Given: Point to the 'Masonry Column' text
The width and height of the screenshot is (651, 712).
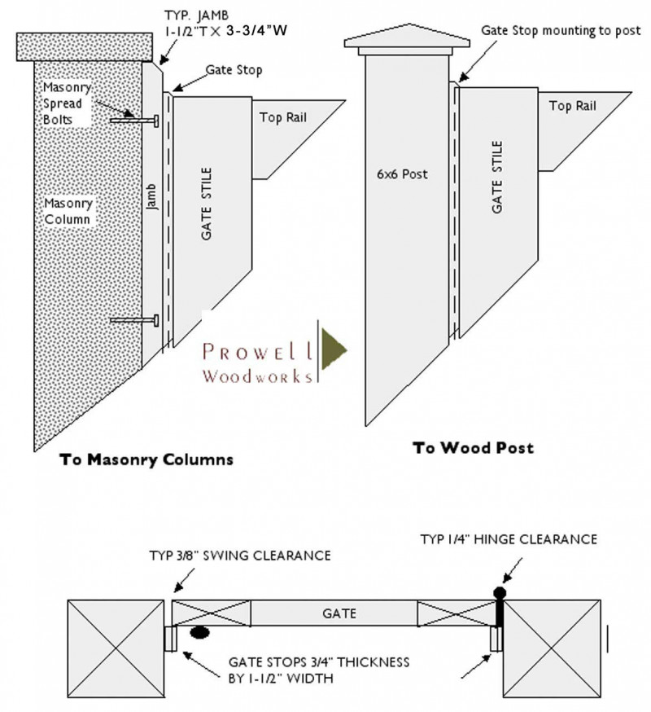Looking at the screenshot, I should (x=68, y=211).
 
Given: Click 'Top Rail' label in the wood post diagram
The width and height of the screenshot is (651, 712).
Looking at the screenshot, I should (x=572, y=106).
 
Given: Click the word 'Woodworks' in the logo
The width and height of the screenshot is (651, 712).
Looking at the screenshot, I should (x=258, y=376).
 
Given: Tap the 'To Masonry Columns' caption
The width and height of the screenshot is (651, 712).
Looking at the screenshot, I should (x=147, y=459).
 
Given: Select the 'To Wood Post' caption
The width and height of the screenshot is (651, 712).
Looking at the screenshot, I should (x=473, y=448).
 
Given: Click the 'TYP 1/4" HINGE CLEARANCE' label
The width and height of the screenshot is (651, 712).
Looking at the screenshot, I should (x=509, y=539).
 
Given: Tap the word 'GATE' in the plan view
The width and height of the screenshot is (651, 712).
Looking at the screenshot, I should (x=339, y=613).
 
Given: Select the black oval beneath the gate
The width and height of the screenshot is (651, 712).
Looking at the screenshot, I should (x=199, y=632).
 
